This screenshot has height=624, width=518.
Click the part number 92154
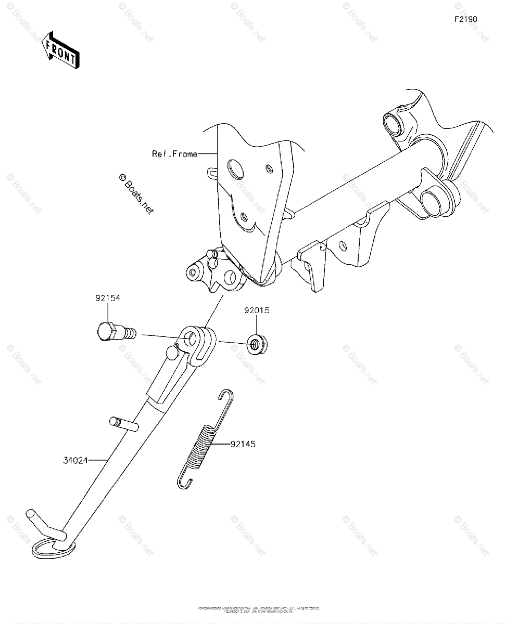pos(108,298)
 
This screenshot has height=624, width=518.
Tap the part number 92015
pos(257,311)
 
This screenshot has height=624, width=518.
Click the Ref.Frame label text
pos(174,154)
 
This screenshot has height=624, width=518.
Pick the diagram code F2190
pos(465,19)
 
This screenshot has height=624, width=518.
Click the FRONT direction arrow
pos(61,50)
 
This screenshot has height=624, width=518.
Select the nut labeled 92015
pos(256,344)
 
